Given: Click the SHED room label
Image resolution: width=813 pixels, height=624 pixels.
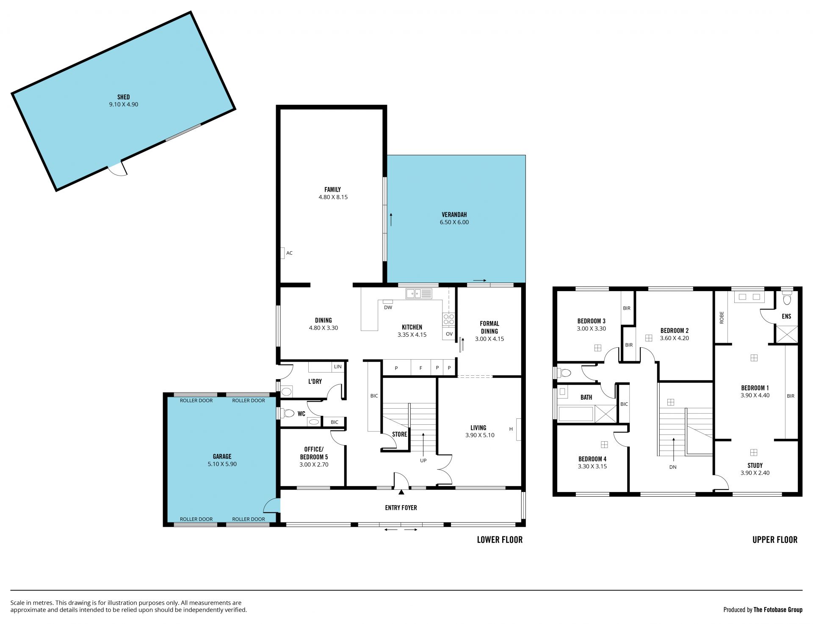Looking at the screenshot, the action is tap(124, 97).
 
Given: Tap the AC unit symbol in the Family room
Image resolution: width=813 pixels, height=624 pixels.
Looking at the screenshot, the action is tap(282, 253).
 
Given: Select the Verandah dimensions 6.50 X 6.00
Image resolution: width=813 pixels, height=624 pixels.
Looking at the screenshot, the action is tap(454, 222).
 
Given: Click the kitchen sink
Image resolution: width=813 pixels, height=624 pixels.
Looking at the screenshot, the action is tap(419, 293).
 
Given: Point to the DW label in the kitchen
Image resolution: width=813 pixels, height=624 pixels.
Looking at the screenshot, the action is tap(388, 308).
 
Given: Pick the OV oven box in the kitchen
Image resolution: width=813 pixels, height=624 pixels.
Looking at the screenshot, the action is tap(449, 334).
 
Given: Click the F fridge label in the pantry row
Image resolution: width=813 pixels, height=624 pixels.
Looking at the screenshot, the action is tap(421, 368).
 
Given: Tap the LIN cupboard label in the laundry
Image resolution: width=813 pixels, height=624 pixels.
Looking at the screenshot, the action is tap(337, 367).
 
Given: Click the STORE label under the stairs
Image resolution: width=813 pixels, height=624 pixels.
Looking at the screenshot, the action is tap(399, 434).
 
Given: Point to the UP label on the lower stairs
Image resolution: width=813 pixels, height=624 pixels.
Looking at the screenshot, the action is tap(423, 460).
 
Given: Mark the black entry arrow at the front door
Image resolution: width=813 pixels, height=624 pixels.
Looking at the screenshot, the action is tap(401, 492).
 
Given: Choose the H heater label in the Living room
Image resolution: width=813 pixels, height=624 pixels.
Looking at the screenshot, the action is tap(511, 429).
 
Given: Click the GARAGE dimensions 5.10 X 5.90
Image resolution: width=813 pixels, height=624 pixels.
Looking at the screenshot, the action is tap(222, 464).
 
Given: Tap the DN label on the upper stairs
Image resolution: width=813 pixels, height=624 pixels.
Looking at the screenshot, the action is tap(673, 467).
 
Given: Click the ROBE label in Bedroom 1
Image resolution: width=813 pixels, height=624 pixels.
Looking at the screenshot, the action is tap(722, 318).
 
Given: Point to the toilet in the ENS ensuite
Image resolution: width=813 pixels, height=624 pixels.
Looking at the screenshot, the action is tap(787, 298).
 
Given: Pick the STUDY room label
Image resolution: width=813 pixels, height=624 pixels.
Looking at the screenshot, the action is tap(755, 465).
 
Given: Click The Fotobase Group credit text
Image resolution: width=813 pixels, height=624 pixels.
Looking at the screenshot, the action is tap(778, 610).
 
